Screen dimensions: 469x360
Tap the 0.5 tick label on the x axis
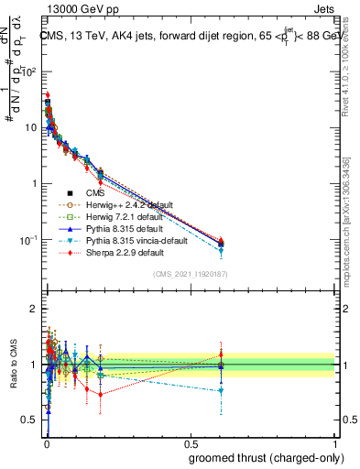click(x=190, y=444)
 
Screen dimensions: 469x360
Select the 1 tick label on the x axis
click(x=334, y=444)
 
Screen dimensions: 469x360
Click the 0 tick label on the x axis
click(x=46, y=444)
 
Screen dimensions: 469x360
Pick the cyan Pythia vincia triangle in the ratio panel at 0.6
click(x=221, y=391)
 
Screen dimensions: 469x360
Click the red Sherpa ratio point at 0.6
click(x=221, y=354)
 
